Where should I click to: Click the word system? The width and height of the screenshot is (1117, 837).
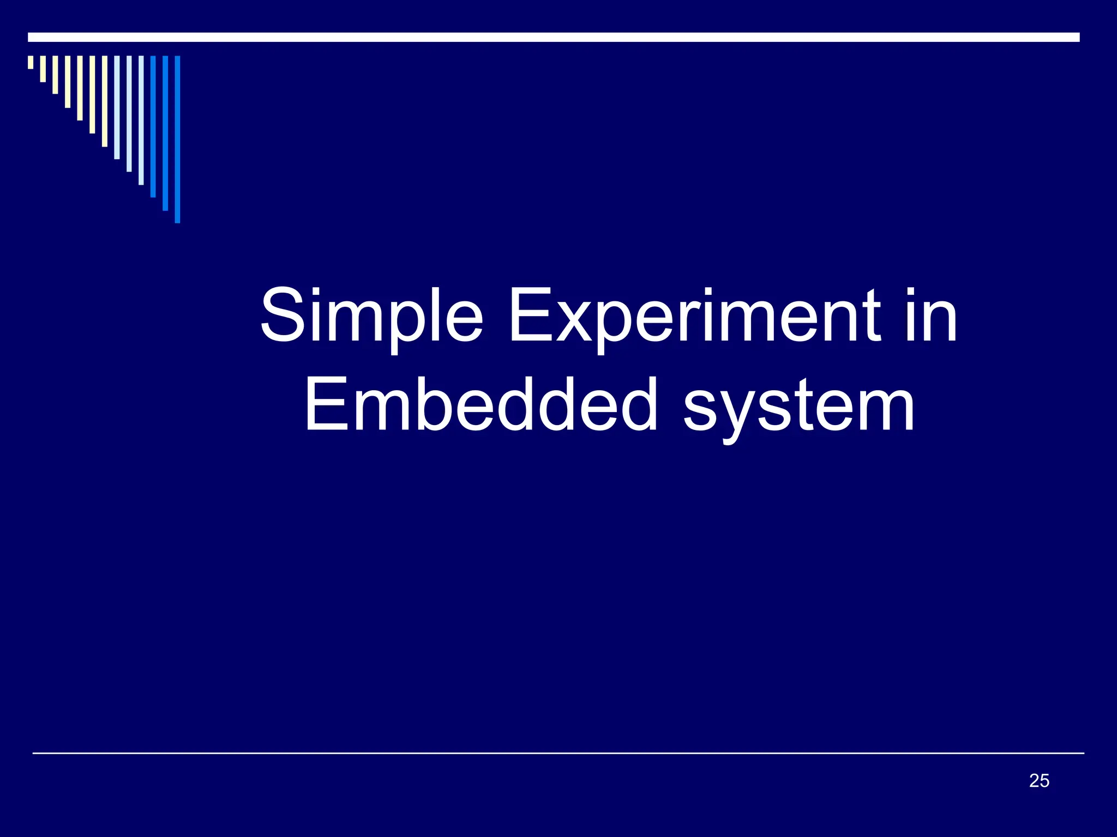(800, 409)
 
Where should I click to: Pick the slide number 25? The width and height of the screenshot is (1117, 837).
(1039, 781)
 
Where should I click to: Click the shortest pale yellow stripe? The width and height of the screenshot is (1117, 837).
(31, 62)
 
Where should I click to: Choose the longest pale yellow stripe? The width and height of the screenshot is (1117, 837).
(105, 101)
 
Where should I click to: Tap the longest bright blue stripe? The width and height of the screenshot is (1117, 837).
(177, 139)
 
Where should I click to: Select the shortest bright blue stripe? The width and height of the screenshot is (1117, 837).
(153, 126)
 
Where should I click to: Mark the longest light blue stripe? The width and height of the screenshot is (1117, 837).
(141, 120)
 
